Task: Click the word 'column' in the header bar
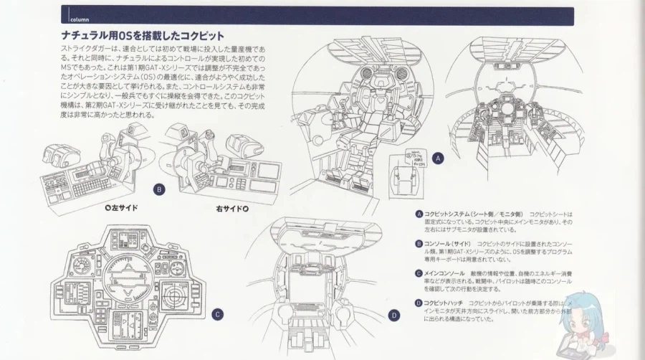tap(79, 19)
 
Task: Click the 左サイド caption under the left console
tap(120, 208)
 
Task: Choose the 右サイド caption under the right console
tap(231, 209)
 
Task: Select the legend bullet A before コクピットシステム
tap(418, 214)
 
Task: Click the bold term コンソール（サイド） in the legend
tap(447, 244)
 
